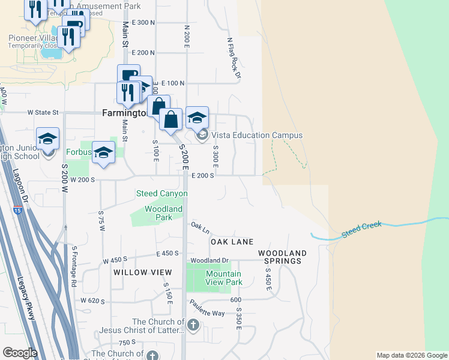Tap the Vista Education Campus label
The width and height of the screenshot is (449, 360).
[256, 136]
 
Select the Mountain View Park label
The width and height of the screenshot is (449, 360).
[224, 278]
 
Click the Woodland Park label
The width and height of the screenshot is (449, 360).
[163, 213]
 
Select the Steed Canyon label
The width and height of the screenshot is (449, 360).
[162, 193]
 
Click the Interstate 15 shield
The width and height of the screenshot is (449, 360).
[17, 210]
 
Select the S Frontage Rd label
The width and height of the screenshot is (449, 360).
[74, 265]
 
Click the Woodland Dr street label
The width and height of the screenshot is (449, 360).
[209, 260]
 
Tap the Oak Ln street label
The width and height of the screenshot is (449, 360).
[200, 228]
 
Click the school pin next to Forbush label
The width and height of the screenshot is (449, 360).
[103, 153]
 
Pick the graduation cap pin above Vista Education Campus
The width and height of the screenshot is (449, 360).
[197, 118]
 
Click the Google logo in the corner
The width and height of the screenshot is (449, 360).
[20, 353]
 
